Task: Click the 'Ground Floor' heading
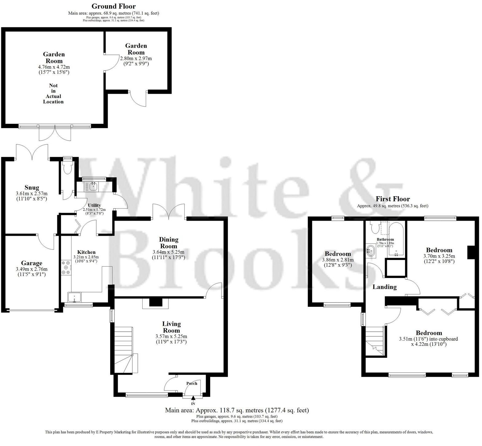114,6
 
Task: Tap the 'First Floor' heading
393,199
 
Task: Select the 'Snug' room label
32,188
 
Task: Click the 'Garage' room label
32,263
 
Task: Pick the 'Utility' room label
94,205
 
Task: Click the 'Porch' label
192,383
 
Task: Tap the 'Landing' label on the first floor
384,287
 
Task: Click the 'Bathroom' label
385,239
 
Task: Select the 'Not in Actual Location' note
53,93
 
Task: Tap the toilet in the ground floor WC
67,167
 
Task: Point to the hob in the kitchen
66,267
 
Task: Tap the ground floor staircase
125,349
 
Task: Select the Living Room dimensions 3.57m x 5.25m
171,336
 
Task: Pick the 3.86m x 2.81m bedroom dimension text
338,260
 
